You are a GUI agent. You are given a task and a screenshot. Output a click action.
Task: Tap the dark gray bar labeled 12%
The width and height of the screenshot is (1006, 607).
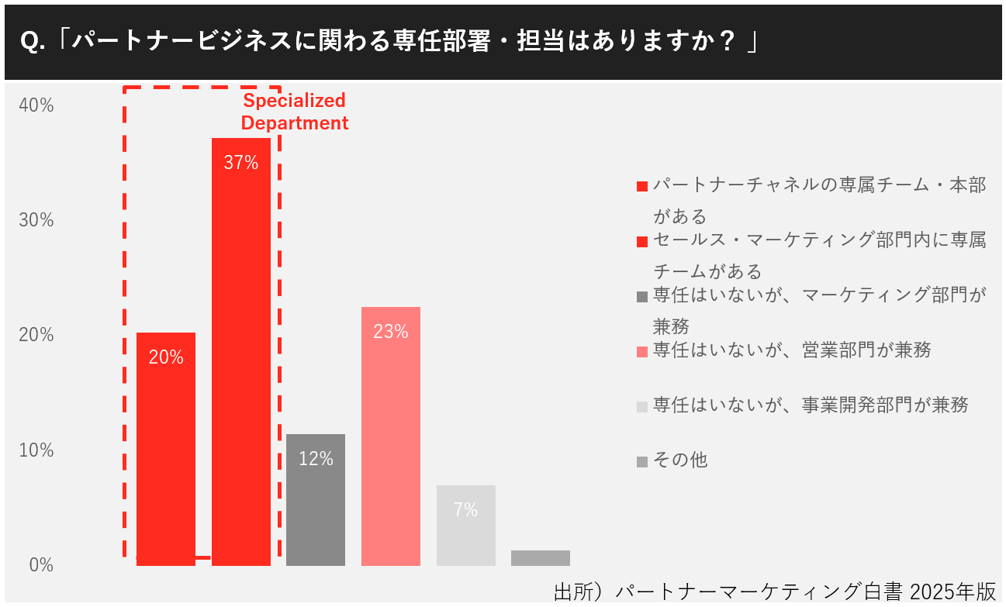315,499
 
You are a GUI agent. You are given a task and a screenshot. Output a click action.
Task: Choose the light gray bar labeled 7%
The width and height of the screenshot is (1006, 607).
465,525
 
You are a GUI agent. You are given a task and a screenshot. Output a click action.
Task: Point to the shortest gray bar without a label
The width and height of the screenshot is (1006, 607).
540,557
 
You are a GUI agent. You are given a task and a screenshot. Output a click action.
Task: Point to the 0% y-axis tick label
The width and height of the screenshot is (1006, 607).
41,565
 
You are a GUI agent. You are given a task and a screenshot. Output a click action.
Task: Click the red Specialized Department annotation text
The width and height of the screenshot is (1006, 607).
295,112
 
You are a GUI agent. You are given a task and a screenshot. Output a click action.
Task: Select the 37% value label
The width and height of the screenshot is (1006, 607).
240,163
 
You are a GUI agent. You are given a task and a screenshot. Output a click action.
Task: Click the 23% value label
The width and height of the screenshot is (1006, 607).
390,332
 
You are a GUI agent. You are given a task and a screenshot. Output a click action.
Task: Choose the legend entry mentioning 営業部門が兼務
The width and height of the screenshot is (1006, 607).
792,350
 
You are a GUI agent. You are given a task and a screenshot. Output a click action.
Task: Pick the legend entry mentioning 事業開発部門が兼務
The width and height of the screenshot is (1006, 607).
811,405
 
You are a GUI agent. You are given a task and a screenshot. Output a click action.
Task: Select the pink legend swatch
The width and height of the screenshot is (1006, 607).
641,352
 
